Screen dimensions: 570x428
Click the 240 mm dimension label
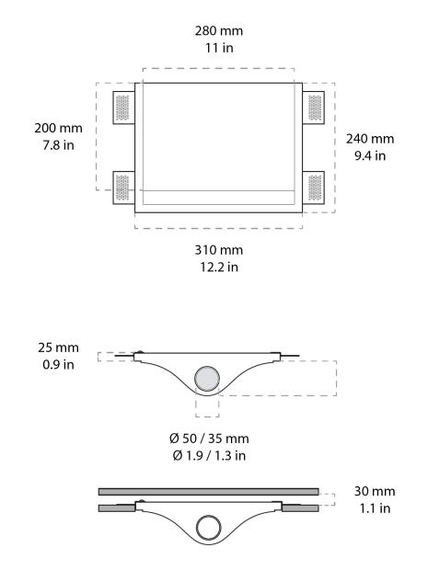(x=369, y=139)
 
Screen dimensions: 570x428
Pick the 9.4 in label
(x=369, y=156)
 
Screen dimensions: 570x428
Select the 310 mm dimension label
(x=219, y=249)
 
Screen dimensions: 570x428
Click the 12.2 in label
(x=219, y=267)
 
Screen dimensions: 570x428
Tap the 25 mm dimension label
(x=60, y=348)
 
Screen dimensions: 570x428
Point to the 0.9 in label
(x=60, y=366)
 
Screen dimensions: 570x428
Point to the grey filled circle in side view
(x=208, y=377)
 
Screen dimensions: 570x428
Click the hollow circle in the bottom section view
(x=208, y=527)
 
